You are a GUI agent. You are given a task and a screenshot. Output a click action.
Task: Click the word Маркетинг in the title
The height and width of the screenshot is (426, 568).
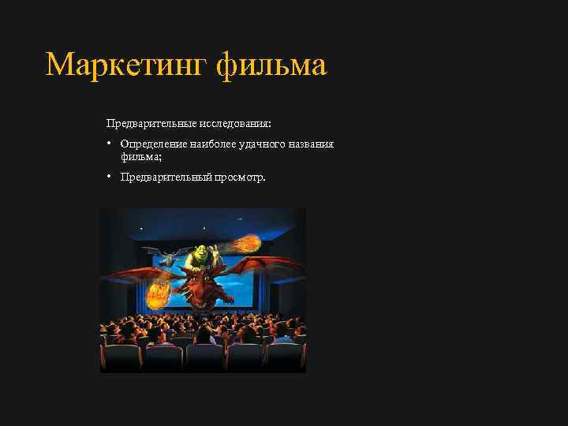[x=126, y=65]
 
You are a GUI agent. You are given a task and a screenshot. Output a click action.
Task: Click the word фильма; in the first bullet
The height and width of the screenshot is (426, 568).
[x=138, y=156]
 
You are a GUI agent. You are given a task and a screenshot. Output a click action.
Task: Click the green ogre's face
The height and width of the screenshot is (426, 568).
[x=200, y=252]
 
